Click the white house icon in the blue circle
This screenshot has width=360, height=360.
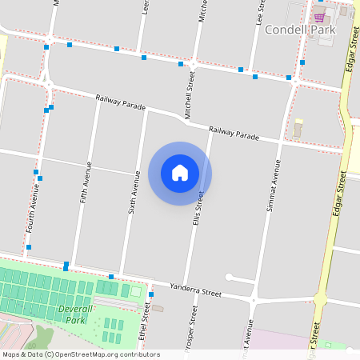tap(180, 173)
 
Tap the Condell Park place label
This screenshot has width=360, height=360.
tap(299, 30)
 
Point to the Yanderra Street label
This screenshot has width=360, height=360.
tap(196, 290)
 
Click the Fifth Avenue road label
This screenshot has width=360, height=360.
tap(86, 182)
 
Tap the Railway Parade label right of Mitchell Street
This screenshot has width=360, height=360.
tap(234, 133)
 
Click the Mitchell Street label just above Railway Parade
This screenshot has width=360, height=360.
tap(190, 95)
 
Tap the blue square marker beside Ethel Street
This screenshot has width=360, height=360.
tap(151, 294)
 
